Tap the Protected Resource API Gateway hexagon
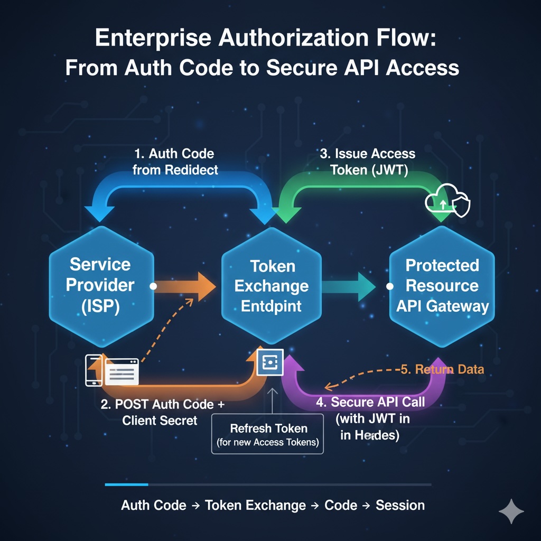[x=442, y=285]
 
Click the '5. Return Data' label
[x=442, y=369]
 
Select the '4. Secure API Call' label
[x=370, y=402]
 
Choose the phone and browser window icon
[x=113, y=370]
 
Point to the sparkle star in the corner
[x=511, y=511]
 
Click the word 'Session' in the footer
[x=400, y=505]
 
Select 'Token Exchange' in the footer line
[x=255, y=505]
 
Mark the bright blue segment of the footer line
[x=127, y=484]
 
